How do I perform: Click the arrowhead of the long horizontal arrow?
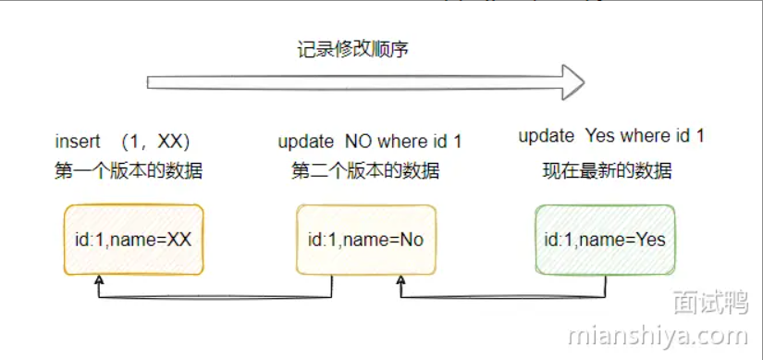574,82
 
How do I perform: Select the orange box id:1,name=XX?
133,240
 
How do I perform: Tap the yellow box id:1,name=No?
365,240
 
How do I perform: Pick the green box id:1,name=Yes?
605,240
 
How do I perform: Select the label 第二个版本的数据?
365,171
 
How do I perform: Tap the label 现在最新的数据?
607,171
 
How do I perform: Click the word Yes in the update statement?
599,137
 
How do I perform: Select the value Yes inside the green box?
649,240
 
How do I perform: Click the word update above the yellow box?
306,142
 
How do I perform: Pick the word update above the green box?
547,137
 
